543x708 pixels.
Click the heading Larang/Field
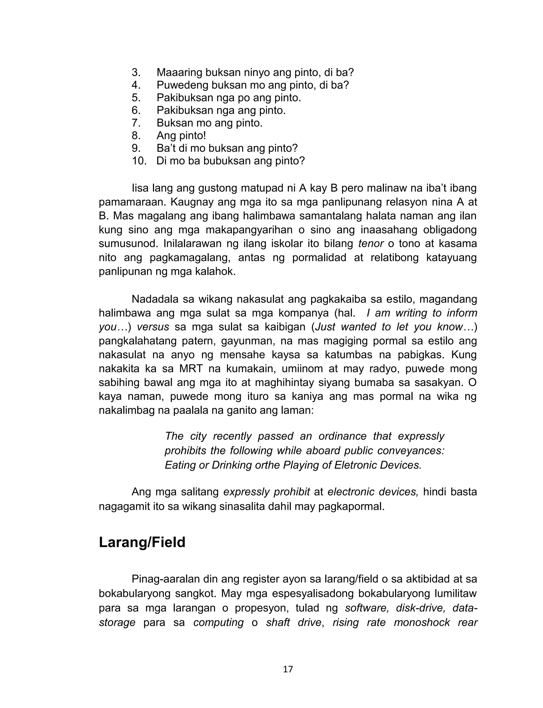(x=142, y=542)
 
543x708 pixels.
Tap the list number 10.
(x=139, y=161)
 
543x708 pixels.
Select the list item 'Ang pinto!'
(x=181, y=136)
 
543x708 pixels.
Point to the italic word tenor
(x=371, y=244)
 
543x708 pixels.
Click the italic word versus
(x=153, y=327)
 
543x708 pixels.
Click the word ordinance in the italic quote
(x=342, y=436)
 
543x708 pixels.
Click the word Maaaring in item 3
(x=179, y=72)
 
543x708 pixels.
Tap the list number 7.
(x=136, y=123)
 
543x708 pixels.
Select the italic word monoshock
(x=422, y=622)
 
